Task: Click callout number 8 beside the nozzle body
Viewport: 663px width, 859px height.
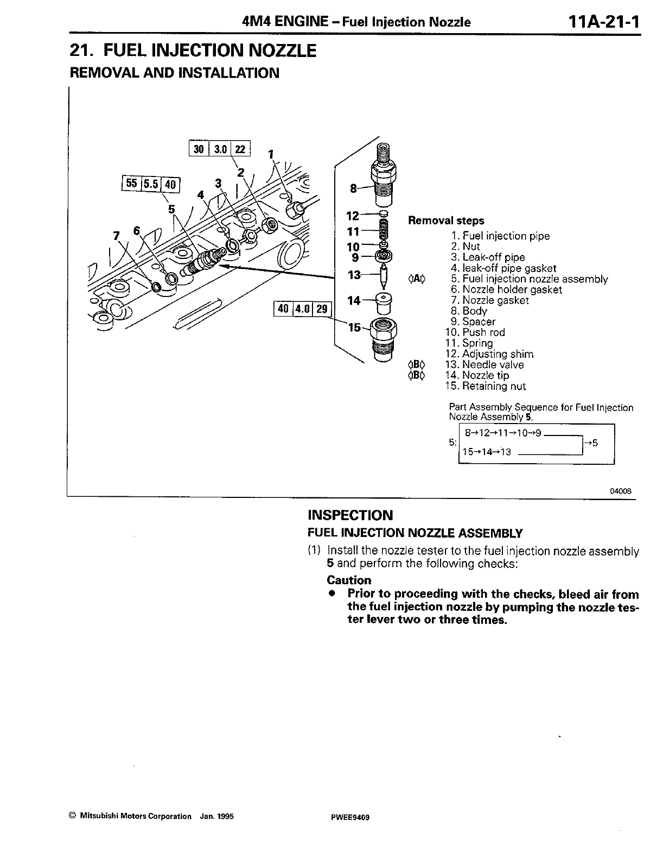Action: click(353, 188)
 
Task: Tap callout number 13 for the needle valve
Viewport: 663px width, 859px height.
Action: click(354, 275)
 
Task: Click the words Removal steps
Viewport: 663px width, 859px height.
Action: click(446, 220)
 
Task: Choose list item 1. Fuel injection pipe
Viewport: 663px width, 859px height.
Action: click(500, 236)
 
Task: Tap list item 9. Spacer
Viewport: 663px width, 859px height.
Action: click(473, 322)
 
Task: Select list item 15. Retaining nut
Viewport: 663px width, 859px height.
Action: click(484, 386)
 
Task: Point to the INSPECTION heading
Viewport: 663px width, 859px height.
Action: click(350, 515)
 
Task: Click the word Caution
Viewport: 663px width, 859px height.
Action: click(349, 580)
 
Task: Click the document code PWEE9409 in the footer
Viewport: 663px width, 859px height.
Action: click(347, 816)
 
